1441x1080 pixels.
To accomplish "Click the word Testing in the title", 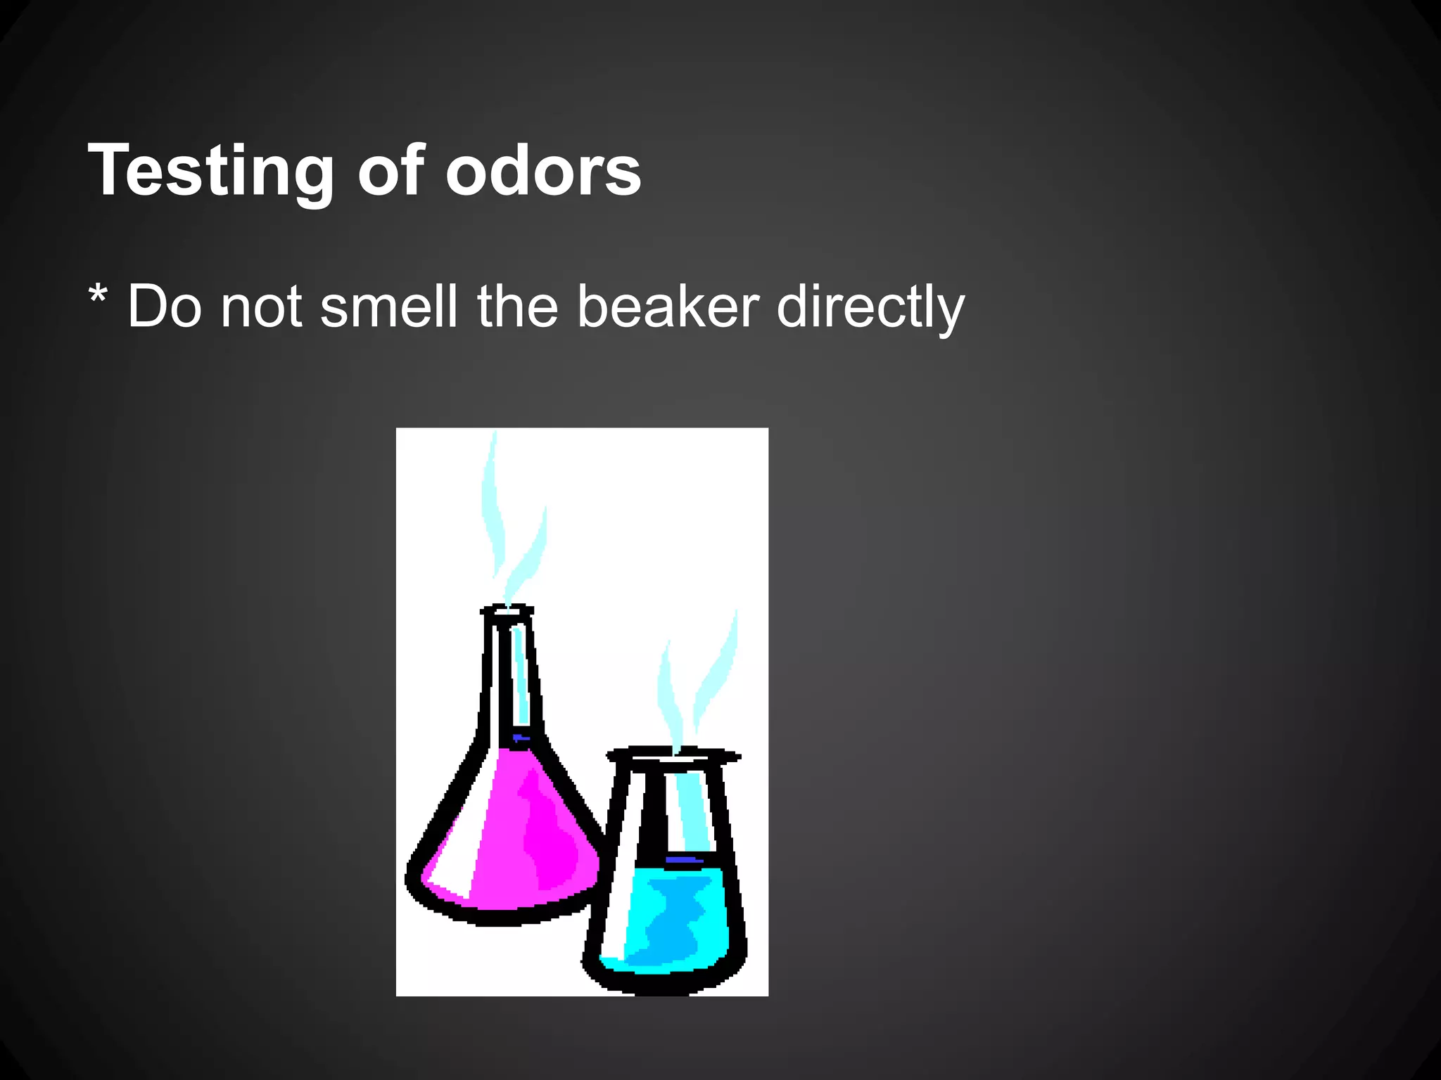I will click(210, 170).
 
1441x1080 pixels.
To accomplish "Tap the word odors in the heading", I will click(542, 170).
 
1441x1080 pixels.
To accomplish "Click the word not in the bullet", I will click(261, 307).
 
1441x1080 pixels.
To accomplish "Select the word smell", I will click(388, 307).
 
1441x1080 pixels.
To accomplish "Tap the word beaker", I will click(668, 307).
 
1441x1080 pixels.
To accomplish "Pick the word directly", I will click(870, 307).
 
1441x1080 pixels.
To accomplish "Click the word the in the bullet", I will click(517, 307).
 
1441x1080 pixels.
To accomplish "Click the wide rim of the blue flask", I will click(673, 757).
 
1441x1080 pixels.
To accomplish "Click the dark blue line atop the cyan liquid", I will click(684, 859).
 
